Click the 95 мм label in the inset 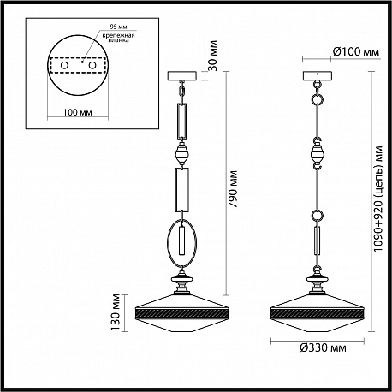click(118, 27)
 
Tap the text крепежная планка click(119, 38)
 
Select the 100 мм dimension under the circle click(78, 112)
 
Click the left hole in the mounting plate click(64, 65)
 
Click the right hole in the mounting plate click(92, 65)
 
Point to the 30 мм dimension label click(212, 56)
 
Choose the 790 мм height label click(233, 189)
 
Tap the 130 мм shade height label click(116, 312)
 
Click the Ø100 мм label click(356, 52)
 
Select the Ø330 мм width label click(324, 347)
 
